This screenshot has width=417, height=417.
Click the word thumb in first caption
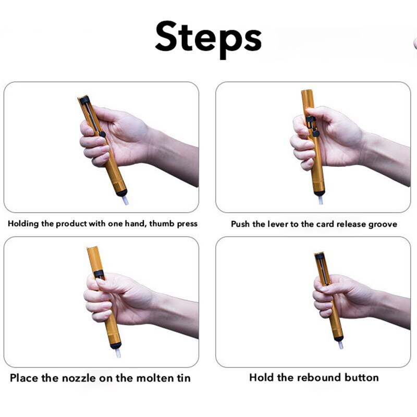click(x=159, y=224)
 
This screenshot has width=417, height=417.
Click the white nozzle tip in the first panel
click(x=125, y=200)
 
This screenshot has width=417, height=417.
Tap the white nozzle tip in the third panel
click(x=117, y=353)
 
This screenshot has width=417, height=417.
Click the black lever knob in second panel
click(x=316, y=134)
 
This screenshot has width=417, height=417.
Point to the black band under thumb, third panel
click(x=99, y=274)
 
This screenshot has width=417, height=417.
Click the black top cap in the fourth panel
click(x=318, y=255)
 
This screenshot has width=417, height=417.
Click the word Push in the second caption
click(x=241, y=224)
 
